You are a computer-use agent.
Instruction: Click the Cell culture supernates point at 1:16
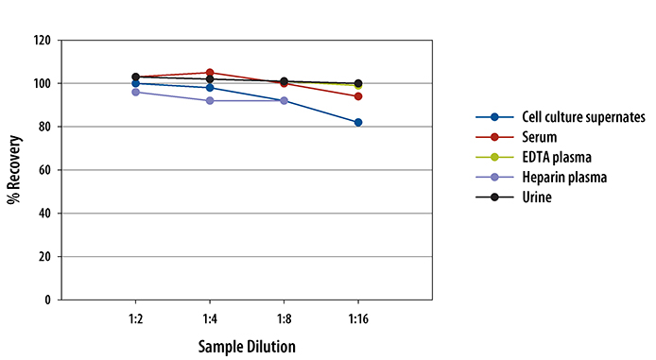pos(358,122)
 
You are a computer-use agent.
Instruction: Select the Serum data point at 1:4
pos(210,73)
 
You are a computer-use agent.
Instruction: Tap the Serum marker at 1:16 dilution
pos(358,96)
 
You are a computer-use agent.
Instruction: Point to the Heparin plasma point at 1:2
pos(135,92)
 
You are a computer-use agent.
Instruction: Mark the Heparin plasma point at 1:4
pos(210,100)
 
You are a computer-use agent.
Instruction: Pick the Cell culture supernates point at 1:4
pos(210,88)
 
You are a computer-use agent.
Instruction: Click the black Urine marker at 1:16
pos(358,83)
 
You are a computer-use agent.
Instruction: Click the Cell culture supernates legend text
pos(583,117)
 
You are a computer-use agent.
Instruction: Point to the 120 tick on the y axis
pos(42,41)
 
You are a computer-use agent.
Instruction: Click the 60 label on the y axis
pos(44,170)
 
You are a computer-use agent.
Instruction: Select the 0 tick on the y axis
pos(48,300)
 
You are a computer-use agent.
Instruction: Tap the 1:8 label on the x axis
pos(284,319)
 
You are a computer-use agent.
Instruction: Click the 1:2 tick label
pos(135,319)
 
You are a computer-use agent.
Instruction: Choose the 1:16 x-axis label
pos(358,319)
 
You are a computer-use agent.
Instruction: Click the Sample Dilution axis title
pos(246,346)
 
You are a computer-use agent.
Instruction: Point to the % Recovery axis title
pos(15,170)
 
